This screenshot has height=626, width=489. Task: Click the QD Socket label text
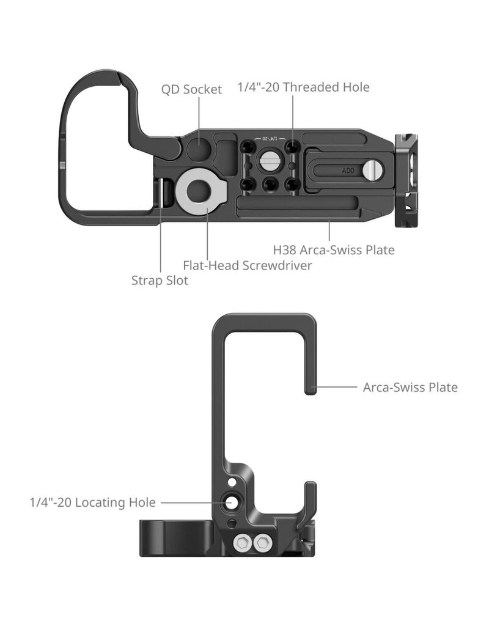191,89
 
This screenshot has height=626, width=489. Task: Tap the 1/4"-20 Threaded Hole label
303,87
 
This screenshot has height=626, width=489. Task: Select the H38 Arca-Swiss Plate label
333,249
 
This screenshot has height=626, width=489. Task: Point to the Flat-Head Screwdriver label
248,265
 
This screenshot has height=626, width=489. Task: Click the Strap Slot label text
160,281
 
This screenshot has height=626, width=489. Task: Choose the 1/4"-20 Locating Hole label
92,503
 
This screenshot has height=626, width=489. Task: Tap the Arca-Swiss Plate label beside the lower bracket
410,387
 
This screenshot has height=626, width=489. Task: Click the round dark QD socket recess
197,149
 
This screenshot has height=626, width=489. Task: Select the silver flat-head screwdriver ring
199,191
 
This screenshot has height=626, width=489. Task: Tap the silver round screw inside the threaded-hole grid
270,163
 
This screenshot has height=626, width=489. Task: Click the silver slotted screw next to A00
370,170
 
